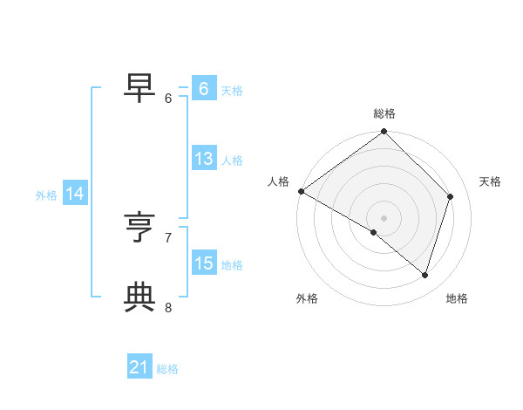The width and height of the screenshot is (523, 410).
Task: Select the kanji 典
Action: tap(140, 296)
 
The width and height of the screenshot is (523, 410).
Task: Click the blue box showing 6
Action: tap(203, 89)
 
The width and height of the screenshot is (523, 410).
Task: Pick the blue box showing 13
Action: tap(203, 159)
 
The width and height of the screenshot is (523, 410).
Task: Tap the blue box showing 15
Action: tap(203, 263)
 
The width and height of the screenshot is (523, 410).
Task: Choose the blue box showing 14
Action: tap(75, 194)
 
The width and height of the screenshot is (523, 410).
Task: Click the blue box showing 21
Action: tap(139, 367)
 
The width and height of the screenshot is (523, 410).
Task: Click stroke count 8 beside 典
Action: tap(168, 307)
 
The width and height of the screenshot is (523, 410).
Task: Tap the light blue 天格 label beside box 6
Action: tap(232, 91)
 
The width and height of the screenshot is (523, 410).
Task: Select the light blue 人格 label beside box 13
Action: tap(232, 161)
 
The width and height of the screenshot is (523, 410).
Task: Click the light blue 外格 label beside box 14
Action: tap(46, 195)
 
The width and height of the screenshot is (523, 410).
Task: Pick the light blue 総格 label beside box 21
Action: tap(167, 369)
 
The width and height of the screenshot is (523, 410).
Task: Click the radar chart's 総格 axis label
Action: tap(384, 113)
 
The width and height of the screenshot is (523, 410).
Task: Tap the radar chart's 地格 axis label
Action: tap(457, 299)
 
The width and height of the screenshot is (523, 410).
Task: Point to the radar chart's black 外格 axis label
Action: tap(307, 299)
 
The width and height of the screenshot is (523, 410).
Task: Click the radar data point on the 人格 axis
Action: tap(301, 191)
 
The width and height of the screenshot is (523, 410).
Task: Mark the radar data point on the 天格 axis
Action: tap(451, 196)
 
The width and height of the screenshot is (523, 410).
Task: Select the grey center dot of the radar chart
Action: tap(384, 217)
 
